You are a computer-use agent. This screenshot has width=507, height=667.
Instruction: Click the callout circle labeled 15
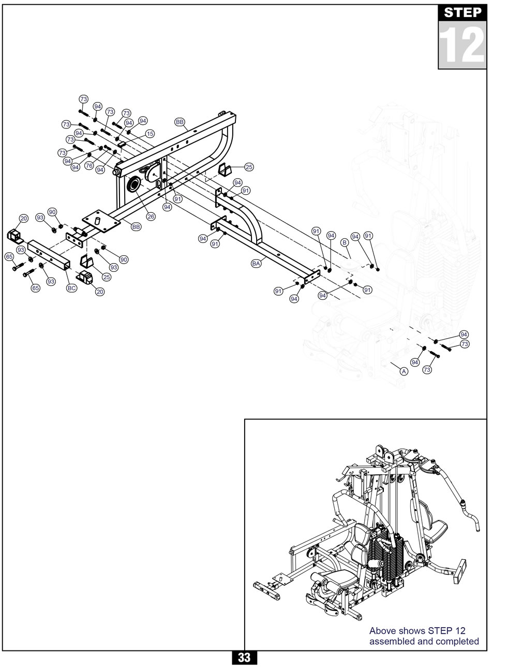coord(150,134)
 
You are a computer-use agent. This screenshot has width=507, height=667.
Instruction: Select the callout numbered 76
coord(89,166)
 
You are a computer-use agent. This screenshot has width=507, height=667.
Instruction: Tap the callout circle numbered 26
coord(151,216)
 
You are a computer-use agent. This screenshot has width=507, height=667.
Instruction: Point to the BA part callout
coord(256,264)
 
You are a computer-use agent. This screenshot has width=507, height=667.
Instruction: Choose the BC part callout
coord(72,287)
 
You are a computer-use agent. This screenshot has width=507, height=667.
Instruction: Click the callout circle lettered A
coord(404,371)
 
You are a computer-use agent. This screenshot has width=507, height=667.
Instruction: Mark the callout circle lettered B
coord(344,242)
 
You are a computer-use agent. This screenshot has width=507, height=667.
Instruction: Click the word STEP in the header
coord(463,12)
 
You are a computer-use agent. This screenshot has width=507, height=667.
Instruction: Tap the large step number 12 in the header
coord(462,45)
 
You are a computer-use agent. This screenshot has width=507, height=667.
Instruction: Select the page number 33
coord(244,658)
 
